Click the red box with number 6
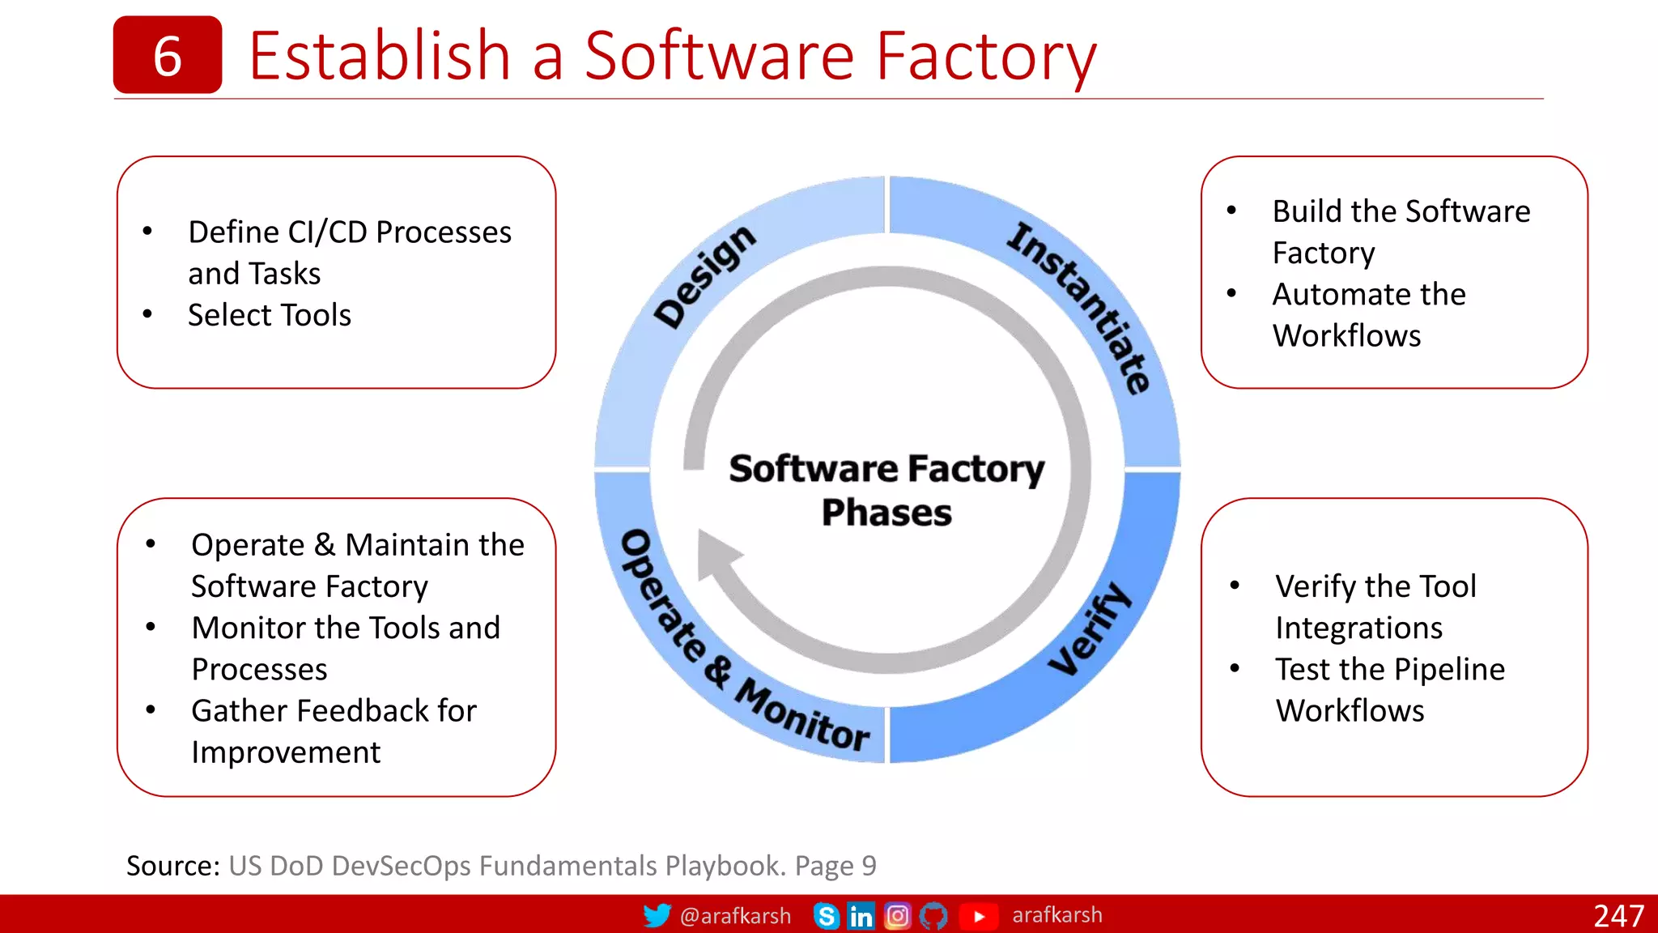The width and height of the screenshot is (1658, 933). point(167,55)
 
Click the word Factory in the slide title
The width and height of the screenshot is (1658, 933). point(986,57)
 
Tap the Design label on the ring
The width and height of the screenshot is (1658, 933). point(704,276)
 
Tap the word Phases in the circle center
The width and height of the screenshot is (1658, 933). point(886,513)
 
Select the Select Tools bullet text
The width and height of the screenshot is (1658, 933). point(269,315)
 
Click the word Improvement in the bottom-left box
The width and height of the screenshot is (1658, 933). point(285,752)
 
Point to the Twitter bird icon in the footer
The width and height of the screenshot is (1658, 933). point(657,915)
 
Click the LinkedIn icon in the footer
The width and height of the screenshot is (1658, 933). point(861,916)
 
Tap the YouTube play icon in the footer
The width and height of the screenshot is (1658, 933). point(978,916)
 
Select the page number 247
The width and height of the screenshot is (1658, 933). point(1618,916)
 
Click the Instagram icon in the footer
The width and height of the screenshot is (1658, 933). point(897,916)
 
